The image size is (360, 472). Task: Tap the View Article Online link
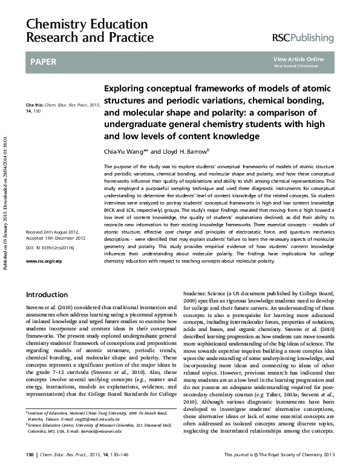click(298, 59)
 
